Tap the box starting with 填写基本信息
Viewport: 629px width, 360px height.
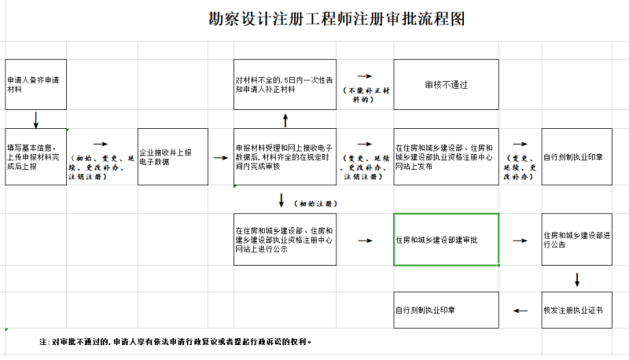click(35, 156)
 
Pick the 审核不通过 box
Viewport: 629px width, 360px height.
click(446, 84)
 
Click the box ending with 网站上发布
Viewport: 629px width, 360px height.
click(446, 156)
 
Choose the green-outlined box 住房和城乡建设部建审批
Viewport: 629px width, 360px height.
click(446, 239)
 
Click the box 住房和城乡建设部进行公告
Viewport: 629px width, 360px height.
click(576, 239)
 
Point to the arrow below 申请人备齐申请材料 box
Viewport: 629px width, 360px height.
click(35, 119)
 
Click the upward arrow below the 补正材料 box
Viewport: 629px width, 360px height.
click(285, 119)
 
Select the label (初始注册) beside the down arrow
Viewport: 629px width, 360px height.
click(313, 203)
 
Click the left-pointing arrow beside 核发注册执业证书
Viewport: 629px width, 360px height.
click(520, 310)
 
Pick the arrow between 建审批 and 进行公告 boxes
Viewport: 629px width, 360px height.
click(520, 240)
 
